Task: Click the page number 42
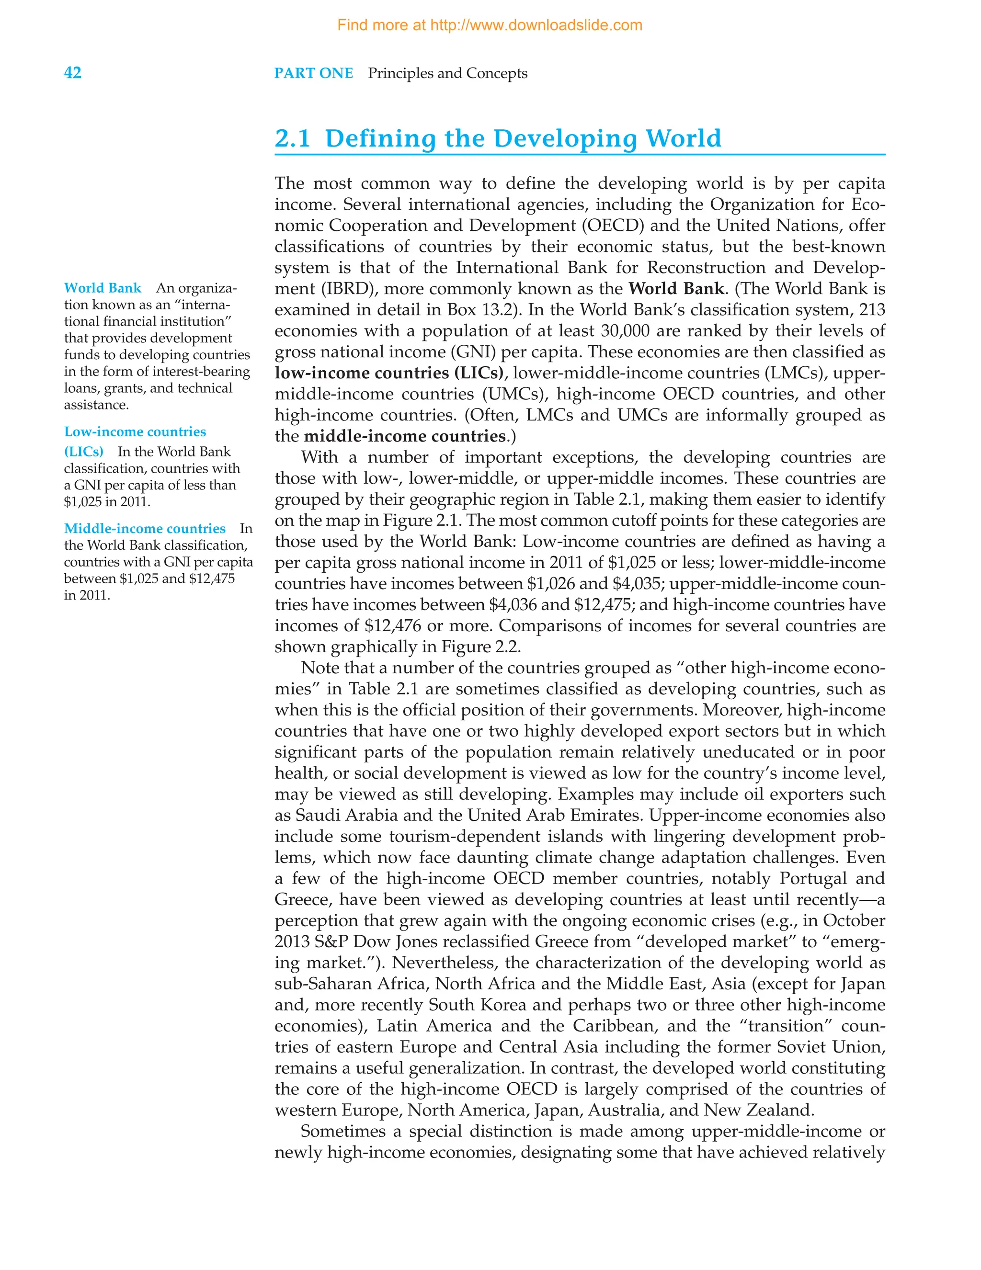coord(73,73)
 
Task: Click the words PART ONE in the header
coord(313,73)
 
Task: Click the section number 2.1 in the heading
coord(293,138)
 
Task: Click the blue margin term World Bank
coord(103,288)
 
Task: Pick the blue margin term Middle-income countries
coord(145,528)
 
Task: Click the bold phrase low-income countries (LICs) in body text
coord(389,373)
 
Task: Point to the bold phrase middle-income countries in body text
coord(405,436)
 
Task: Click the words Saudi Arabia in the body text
coord(347,815)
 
